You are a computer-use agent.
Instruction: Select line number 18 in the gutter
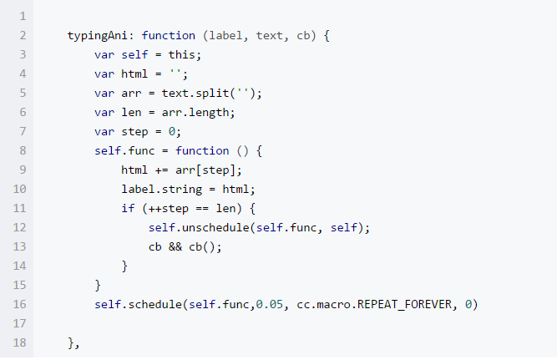coord(20,342)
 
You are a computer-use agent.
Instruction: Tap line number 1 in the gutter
coord(20,17)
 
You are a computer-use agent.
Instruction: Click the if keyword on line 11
coord(128,208)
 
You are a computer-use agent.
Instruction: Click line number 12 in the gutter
coord(20,227)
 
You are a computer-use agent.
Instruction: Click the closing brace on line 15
coord(98,285)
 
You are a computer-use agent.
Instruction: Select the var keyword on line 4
coord(104,74)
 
